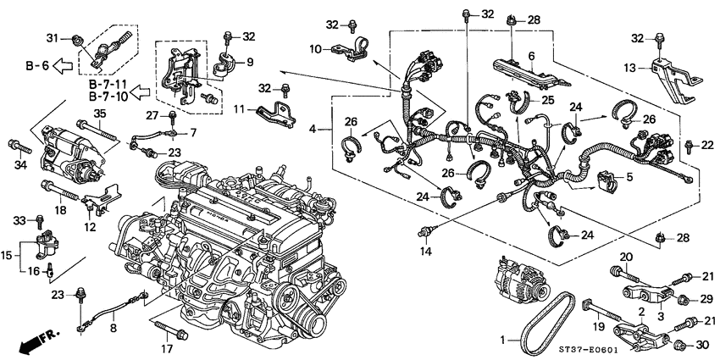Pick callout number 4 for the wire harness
tap(313, 130)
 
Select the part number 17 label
tap(166, 346)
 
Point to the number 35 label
tap(100, 114)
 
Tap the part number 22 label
tap(708, 147)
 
